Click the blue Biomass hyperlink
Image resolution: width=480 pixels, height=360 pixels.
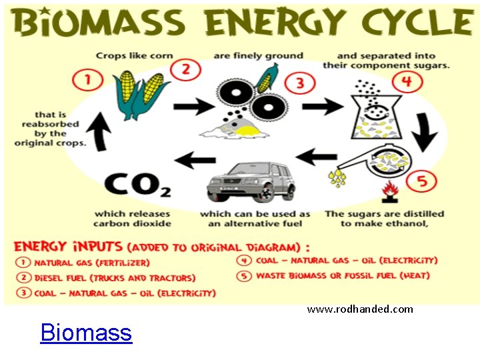86,332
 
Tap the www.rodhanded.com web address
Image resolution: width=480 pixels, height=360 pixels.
359,309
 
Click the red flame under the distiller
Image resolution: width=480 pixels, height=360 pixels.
387,193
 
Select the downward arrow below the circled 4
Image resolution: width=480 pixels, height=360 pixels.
424,131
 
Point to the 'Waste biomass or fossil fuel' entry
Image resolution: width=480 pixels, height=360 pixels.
343,275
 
